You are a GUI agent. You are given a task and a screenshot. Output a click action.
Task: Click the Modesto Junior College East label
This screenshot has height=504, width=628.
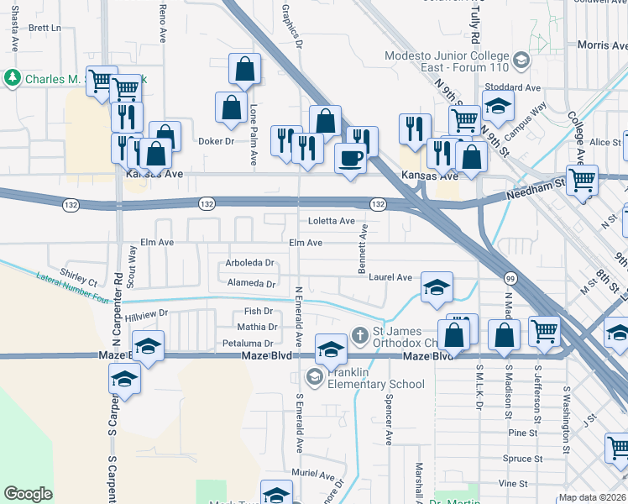(447, 64)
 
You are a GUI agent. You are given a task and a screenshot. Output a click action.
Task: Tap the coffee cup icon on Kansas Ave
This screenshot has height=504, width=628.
(350, 156)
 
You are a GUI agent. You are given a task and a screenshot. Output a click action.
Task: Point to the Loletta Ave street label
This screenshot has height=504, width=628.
(332, 221)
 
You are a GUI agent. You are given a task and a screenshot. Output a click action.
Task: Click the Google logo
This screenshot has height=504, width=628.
(28, 494)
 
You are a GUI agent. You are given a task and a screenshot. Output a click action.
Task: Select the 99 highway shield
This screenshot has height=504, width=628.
(510, 278)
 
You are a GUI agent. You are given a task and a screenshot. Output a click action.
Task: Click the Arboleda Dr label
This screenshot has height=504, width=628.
(250, 263)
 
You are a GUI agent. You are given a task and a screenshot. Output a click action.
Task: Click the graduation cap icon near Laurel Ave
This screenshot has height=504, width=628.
(437, 288)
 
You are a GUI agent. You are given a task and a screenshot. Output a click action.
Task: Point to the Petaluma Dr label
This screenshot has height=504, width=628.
(249, 344)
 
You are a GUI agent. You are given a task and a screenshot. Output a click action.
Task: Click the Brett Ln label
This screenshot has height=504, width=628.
(45, 28)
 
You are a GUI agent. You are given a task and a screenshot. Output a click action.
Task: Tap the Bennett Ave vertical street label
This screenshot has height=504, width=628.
(364, 246)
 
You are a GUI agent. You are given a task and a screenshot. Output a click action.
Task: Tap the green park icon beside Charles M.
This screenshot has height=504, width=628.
(13, 79)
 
